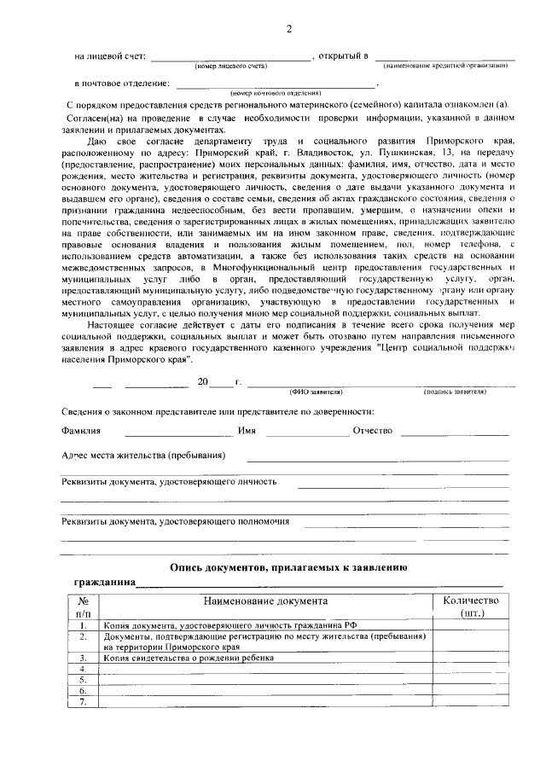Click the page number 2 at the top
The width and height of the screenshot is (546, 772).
pyautogui.click(x=288, y=31)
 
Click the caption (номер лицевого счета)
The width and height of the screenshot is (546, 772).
pyautogui.click(x=230, y=66)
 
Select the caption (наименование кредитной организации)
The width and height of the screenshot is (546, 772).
pyautogui.click(x=446, y=66)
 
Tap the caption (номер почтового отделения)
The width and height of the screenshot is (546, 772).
pyautogui.click(x=276, y=92)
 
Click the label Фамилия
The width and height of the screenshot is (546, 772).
pyautogui.click(x=82, y=431)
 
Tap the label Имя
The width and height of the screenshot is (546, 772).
pyautogui.click(x=247, y=431)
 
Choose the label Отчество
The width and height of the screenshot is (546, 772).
pyautogui.click(x=372, y=431)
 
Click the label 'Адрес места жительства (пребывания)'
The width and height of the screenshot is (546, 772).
pyautogui.click(x=143, y=455)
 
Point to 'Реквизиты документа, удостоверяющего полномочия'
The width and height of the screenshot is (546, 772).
pyautogui.click(x=176, y=520)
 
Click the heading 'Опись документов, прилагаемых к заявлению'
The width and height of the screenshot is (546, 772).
pyautogui.click(x=288, y=566)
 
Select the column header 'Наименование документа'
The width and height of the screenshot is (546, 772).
pyautogui.click(x=265, y=601)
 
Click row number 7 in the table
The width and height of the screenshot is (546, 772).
pyautogui.click(x=83, y=702)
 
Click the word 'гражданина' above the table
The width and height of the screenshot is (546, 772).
pyautogui.click(x=105, y=583)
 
